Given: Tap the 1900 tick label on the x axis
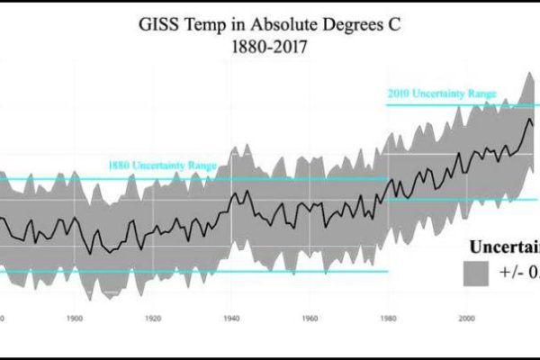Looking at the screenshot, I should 75,318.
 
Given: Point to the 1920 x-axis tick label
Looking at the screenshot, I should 153,318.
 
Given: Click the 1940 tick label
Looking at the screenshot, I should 232,318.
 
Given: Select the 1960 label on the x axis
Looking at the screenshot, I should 310,318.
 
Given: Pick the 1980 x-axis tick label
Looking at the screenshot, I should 389,318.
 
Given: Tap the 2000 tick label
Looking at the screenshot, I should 467,318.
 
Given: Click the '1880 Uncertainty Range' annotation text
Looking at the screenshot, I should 162,166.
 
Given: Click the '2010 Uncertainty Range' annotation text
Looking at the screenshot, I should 441,94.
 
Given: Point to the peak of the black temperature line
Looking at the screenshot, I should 529,120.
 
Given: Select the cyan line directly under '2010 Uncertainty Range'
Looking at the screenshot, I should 450,105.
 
